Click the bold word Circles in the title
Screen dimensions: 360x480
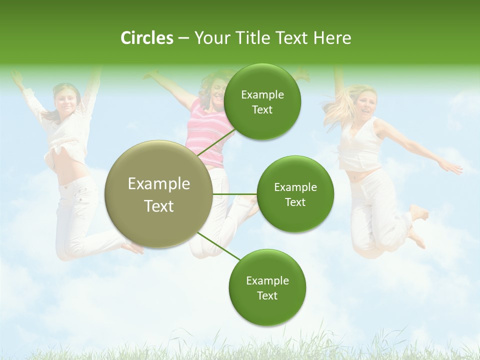click(146, 38)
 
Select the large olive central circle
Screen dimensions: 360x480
click(158, 194)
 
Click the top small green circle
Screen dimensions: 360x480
click(262, 102)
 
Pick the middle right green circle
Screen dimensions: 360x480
click(295, 194)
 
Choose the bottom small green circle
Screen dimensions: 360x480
click(267, 287)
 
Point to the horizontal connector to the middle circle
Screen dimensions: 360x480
click(235, 194)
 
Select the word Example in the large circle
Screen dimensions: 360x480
click(158, 184)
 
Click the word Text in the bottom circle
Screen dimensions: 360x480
click(267, 295)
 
